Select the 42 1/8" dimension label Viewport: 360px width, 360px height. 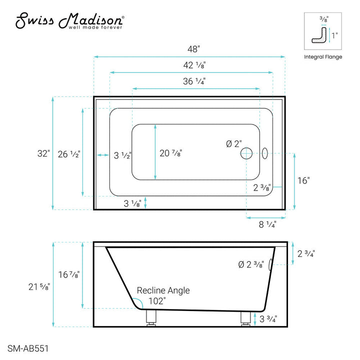point(192,65)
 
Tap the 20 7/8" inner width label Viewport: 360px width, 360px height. point(170,153)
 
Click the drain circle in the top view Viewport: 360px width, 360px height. point(246,153)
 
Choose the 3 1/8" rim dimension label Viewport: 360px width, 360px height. point(132,203)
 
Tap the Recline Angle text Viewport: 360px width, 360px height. point(163,290)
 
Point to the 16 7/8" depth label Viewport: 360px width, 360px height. point(68,274)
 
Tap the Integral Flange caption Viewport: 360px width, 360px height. point(323,57)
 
